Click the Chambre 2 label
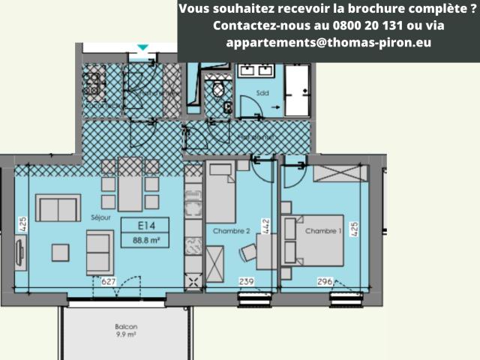tap(231, 232)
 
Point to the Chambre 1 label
tap(323, 232)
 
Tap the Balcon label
tap(126, 327)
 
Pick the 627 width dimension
tap(108, 282)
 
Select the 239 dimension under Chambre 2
tap(247, 282)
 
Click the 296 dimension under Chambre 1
tap(324, 282)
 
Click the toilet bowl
tap(218, 89)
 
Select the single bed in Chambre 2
tap(220, 193)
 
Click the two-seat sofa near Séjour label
tap(58, 207)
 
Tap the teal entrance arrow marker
tap(142, 48)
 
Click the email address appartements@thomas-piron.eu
tap(328, 42)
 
